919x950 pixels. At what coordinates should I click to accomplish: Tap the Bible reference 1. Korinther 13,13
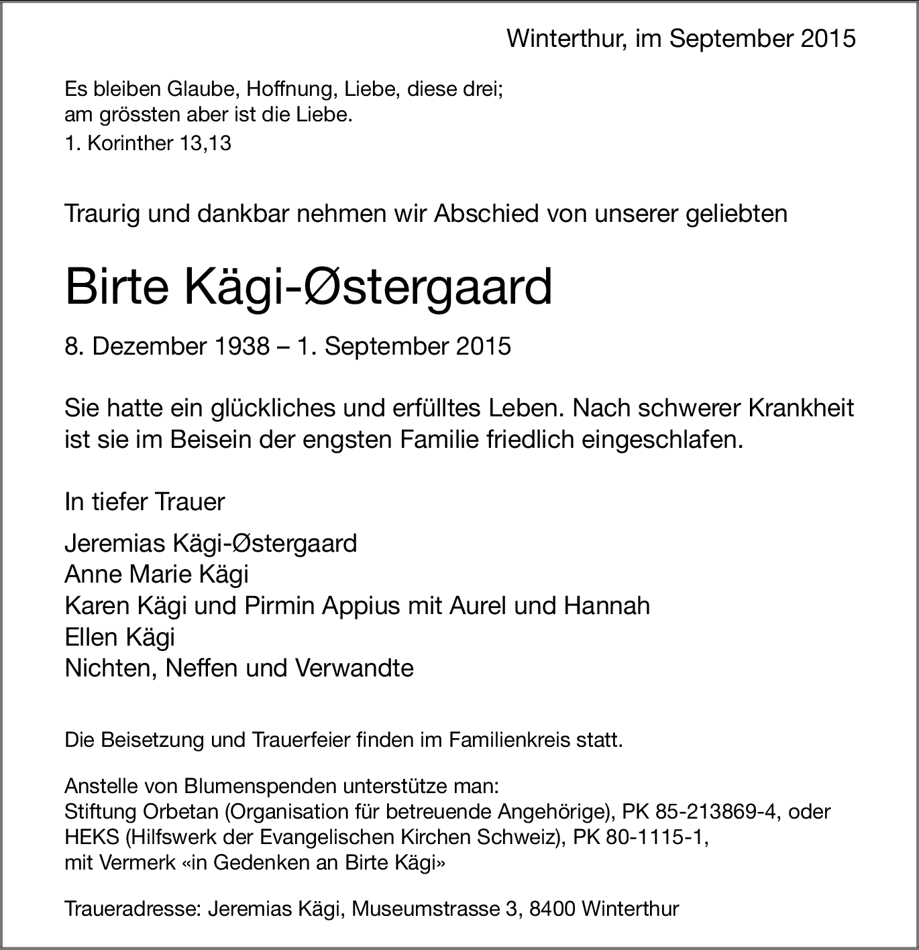click(x=148, y=143)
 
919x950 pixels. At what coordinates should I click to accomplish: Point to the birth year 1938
click(x=238, y=347)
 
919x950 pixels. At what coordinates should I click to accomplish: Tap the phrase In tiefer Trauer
click(x=145, y=501)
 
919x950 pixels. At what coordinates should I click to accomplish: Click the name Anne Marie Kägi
click(x=156, y=575)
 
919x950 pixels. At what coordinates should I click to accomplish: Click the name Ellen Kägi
click(x=119, y=637)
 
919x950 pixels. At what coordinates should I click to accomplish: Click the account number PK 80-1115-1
click(x=640, y=837)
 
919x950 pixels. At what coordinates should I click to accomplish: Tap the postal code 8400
click(x=553, y=909)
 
